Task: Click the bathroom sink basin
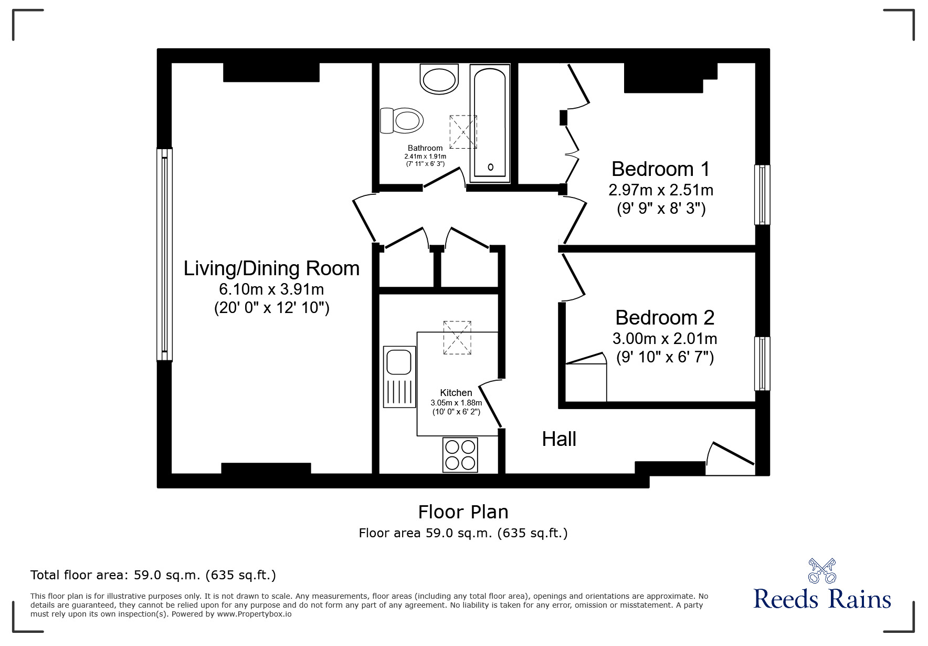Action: coord(439,79)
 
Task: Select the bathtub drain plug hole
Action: coord(491,167)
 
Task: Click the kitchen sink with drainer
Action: coord(399,377)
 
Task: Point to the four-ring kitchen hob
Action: coord(460,455)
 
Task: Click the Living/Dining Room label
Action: coord(271,268)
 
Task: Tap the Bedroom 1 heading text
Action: coord(660,169)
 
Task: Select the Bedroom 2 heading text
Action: coord(665,318)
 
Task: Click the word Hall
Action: coord(559,439)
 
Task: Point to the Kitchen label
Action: coord(456,393)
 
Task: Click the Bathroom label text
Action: coord(425,148)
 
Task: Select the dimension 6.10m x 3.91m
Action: coord(271,289)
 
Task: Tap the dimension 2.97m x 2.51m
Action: coord(661,190)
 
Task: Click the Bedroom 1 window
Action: coord(762,195)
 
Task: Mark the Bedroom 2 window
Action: coord(762,363)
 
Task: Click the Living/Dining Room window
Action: coord(164,255)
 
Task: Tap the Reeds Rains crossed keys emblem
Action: coord(822,571)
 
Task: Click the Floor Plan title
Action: coord(463,512)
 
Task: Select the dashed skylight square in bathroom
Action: coord(463,132)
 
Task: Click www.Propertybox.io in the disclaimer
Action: coord(254,613)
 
